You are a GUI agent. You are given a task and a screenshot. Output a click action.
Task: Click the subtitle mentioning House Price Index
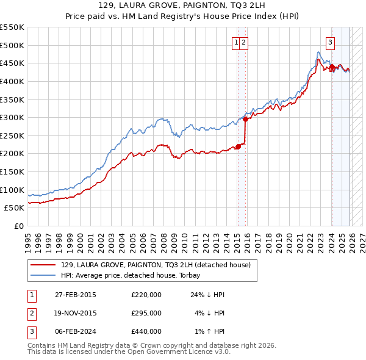pyautogui.click(x=182, y=17)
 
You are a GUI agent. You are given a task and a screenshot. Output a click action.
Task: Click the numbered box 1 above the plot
pyautogui.click(x=235, y=42)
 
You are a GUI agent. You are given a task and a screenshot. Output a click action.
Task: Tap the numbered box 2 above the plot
pyautogui.click(x=243, y=42)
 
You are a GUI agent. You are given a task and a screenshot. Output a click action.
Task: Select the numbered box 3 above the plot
pyautogui.click(x=330, y=42)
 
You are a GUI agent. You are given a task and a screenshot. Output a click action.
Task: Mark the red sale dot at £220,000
pyautogui.click(x=239, y=146)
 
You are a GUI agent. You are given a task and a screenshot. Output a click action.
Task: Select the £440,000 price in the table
pyautogui.click(x=146, y=331)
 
